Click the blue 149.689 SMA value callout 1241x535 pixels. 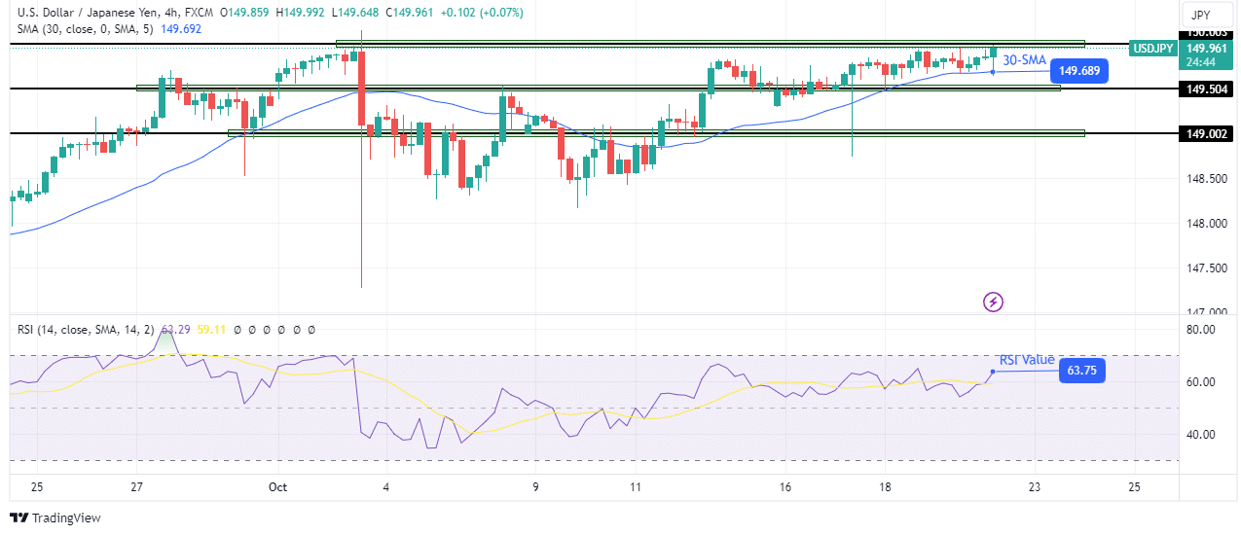1079,71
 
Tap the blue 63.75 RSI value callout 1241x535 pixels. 1081,371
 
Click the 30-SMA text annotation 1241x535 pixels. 1024,60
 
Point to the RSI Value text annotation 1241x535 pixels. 1026,360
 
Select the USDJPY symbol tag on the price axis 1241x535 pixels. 1152,48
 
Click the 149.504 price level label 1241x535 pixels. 1206,89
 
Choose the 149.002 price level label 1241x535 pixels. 1206,133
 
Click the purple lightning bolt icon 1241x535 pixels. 993,302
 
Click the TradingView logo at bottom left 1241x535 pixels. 55,517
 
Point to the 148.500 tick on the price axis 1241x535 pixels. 1205,179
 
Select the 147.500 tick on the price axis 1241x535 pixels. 1205,267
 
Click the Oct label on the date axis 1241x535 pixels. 278,486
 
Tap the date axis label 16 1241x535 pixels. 785,486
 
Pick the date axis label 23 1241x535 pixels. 1034,486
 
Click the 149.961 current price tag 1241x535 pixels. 1206,48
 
